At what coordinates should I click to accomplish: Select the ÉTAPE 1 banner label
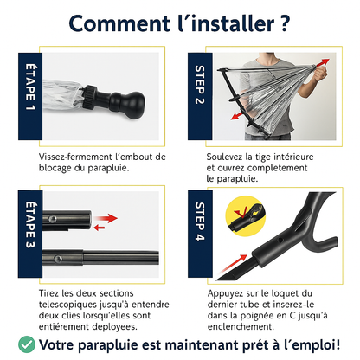(x=29, y=96)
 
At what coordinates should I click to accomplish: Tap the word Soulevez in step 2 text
(x=228, y=157)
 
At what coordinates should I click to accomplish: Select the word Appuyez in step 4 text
(x=227, y=293)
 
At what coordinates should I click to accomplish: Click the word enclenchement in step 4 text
(x=244, y=327)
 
